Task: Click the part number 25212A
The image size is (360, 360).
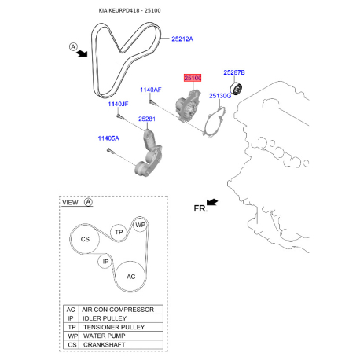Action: coord(182,39)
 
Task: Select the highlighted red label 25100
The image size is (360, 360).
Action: coord(193,78)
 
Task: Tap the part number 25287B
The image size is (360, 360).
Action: coord(234,72)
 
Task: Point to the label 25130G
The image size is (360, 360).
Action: coord(220,96)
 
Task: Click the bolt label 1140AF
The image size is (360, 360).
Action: coord(151,90)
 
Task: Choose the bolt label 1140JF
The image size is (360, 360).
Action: coord(118,104)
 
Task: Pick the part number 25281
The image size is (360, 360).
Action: coord(147,119)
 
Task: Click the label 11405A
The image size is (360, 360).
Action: coord(108,138)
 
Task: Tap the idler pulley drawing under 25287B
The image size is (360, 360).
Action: coord(236,89)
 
